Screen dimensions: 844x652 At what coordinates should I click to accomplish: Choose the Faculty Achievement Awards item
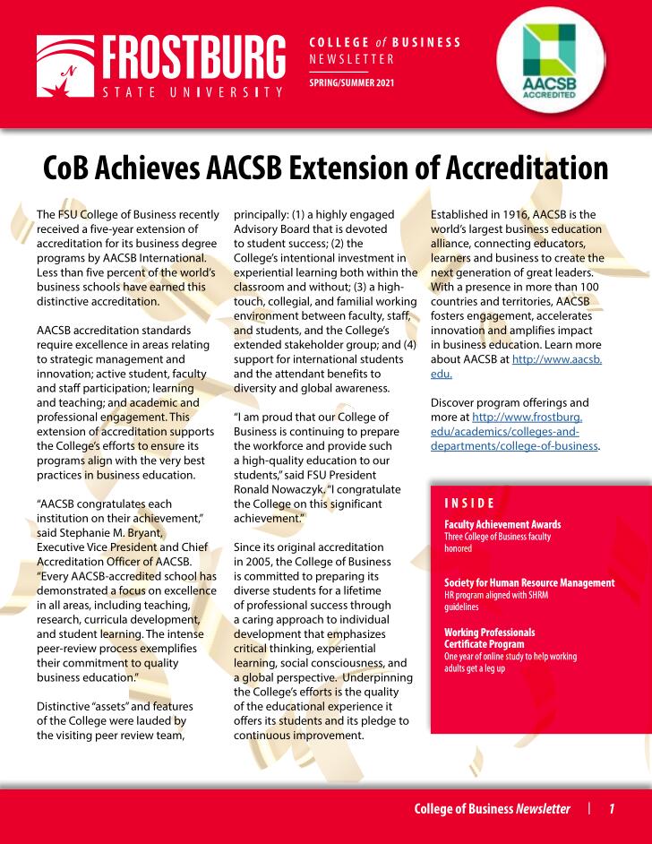point(502,524)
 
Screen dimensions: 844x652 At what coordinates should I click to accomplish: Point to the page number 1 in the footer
point(612,809)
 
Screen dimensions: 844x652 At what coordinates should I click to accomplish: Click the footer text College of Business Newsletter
point(492,809)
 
